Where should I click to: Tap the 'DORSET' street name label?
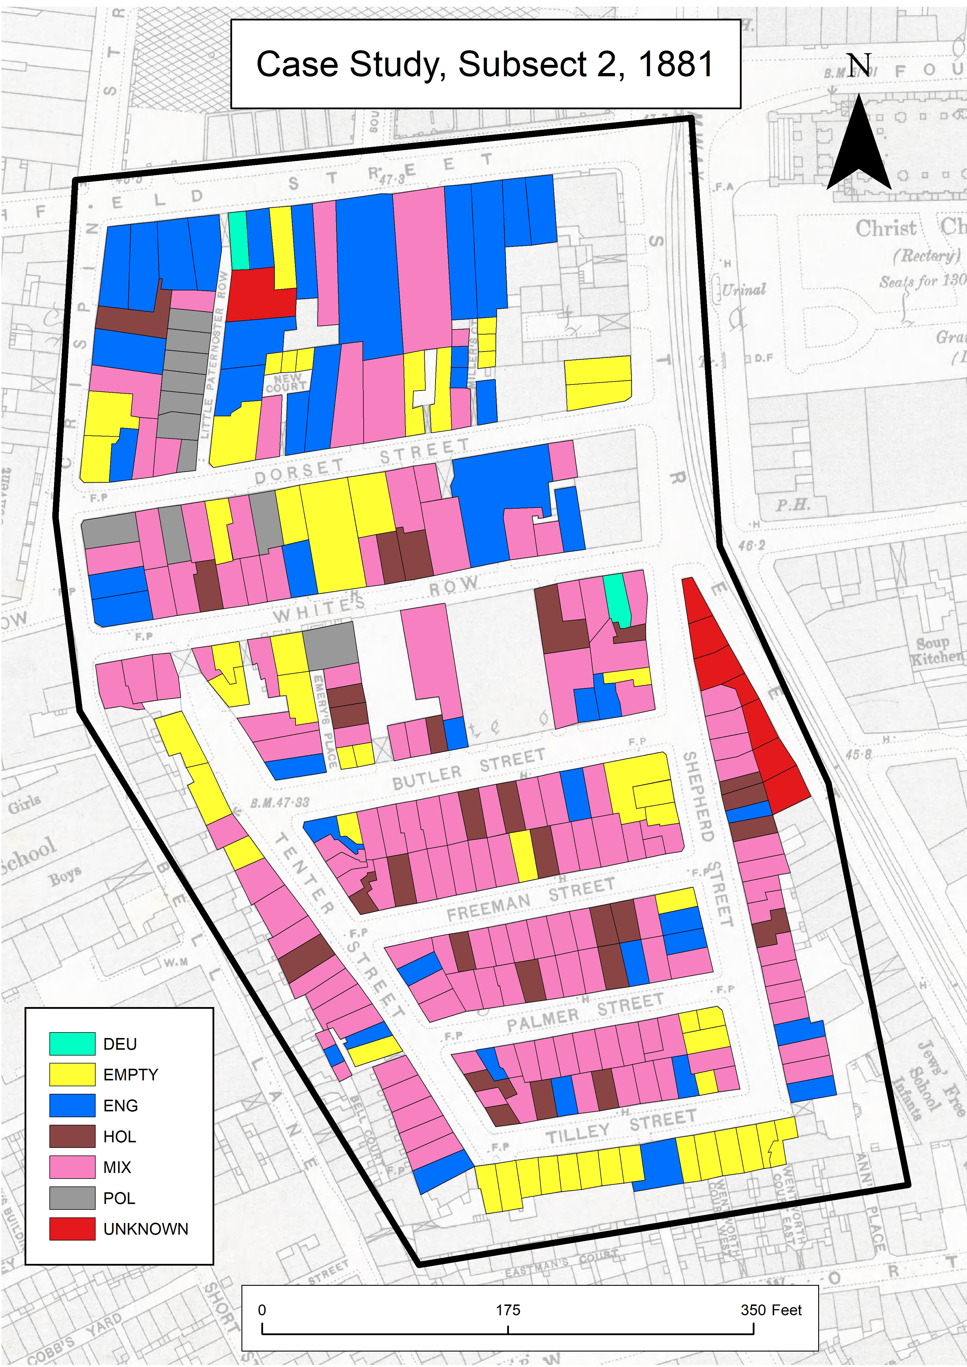pos(299,472)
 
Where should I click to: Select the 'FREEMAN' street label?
pos(488,906)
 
